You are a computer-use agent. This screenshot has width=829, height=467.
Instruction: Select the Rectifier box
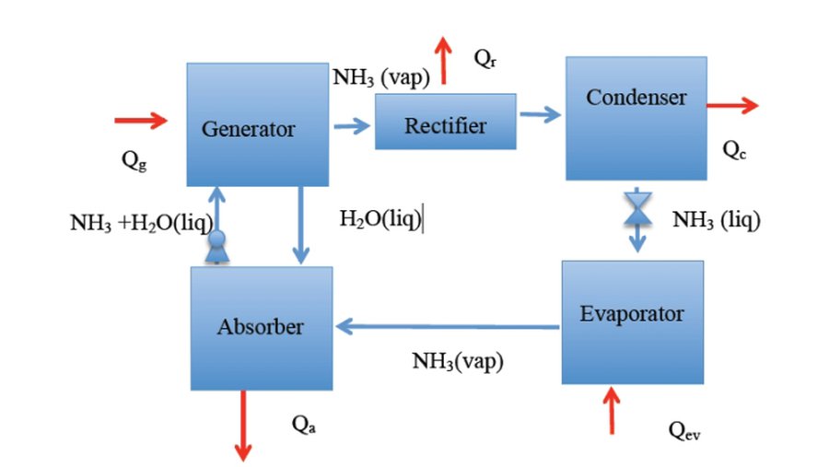[x=445, y=122]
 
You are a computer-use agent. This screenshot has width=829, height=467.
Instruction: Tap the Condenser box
[x=636, y=117]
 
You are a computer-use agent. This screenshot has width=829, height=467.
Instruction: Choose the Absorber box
[x=261, y=327]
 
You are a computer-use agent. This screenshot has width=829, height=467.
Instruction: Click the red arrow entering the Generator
[x=141, y=119]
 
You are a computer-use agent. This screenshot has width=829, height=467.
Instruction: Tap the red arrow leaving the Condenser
[x=732, y=106]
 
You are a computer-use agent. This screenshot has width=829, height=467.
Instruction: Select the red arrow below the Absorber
[x=243, y=424]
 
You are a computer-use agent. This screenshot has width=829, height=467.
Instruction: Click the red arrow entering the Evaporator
[x=611, y=409]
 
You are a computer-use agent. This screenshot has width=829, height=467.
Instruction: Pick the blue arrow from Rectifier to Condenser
[x=540, y=114]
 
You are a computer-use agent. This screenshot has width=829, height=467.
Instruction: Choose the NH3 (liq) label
[x=717, y=219]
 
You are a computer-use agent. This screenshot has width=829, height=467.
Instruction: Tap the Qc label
[x=734, y=150]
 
